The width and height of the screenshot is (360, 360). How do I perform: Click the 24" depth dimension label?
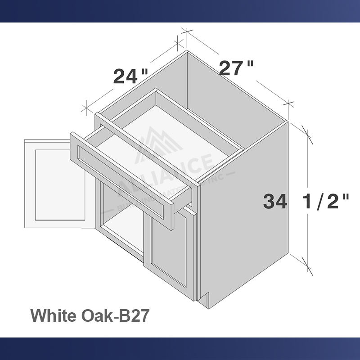[x=130, y=76]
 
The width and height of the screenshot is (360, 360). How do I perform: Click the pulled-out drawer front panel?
[x=121, y=180]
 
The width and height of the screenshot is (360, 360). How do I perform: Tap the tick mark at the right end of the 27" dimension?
[x=289, y=102]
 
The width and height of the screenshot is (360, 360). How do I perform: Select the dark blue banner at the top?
[x=180, y=11]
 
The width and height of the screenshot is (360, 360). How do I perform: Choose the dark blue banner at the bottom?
[x=180, y=349]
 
